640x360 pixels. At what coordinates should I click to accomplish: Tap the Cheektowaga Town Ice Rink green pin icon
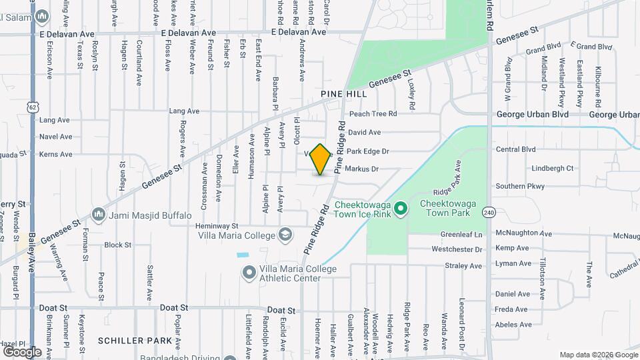coord(400,209)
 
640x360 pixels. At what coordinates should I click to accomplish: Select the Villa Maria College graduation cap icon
coord(285,235)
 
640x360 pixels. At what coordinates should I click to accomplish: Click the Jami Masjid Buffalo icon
coord(99,215)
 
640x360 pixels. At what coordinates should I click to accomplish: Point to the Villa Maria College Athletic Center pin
coord(249,273)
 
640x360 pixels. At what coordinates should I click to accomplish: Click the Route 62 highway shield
coord(33,107)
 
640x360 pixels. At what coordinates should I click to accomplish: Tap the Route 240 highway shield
coord(490,213)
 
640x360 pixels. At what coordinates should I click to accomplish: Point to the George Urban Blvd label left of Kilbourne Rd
coord(532,114)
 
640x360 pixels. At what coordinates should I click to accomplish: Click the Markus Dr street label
coord(361,169)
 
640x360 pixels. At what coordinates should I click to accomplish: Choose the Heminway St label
coord(217,226)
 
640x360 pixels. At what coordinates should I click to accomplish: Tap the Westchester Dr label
coord(457,250)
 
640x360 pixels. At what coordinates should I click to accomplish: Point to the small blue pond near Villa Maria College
coord(242,255)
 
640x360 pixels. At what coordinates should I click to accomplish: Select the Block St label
coord(118,245)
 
